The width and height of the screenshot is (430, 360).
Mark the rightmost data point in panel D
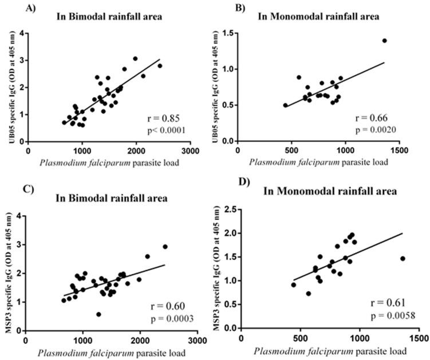click(x=403, y=259)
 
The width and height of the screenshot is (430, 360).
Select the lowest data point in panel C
click(x=98, y=314)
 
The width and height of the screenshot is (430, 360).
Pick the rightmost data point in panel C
click(x=165, y=247)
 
